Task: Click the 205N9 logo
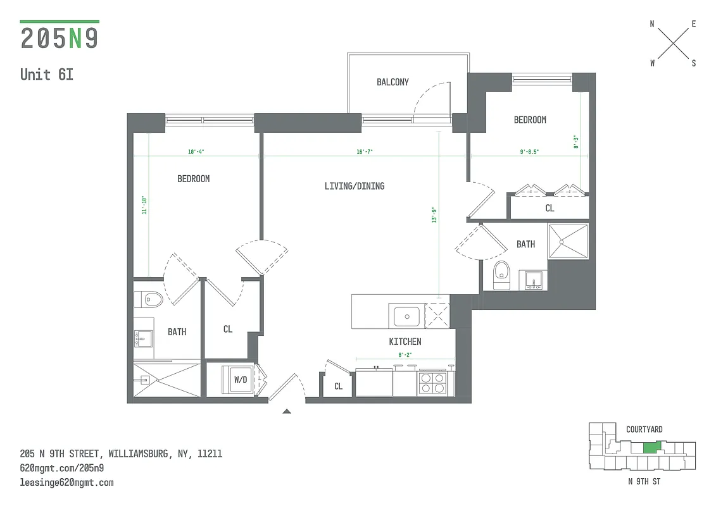point(60,38)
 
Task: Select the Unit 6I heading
point(47,74)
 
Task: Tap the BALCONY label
point(393,82)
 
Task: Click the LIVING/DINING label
point(354,186)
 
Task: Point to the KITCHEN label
point(405,342)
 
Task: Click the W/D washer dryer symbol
point(241,380)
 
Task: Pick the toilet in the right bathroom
point(501,276)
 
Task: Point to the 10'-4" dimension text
point(196,152)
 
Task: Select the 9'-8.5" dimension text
point(529,152)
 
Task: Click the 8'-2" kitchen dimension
point(405,355)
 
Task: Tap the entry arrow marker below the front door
point(286,411)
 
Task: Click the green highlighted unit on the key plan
point(650,447)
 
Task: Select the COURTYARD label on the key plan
point(644,429)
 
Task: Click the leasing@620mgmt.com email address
point(66,483)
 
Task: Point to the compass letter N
point(652,24)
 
